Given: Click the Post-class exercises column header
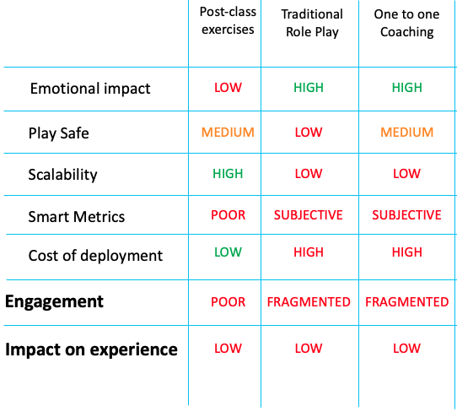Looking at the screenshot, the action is (228, 20).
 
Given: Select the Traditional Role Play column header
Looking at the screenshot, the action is (312, 24).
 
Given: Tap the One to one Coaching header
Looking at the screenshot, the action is (407, 24).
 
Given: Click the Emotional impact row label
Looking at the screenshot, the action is (90, 89).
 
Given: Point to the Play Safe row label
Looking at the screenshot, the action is (58, 133).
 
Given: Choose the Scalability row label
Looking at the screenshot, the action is (62, 175).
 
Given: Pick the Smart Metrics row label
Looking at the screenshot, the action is (77, 217).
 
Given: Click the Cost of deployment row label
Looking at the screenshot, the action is (95, 256).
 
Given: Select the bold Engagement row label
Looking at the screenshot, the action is (54, 302).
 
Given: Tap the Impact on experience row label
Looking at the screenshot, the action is (91, 349).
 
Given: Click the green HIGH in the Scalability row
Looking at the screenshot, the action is (228, 174).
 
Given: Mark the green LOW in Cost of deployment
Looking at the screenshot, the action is (228, 252).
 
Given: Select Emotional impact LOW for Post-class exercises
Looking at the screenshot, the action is (228, 88).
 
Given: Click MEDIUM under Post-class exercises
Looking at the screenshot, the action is (228, 133).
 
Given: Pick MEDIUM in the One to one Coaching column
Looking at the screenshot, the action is (407, 133).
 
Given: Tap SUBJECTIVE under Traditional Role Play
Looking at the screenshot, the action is (309, 215).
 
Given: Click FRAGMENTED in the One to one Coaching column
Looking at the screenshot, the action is (407, 302).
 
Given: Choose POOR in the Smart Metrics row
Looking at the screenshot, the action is (228, 215).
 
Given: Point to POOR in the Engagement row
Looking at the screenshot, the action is (228, 302).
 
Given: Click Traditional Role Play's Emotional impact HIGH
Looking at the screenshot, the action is (309, 88).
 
